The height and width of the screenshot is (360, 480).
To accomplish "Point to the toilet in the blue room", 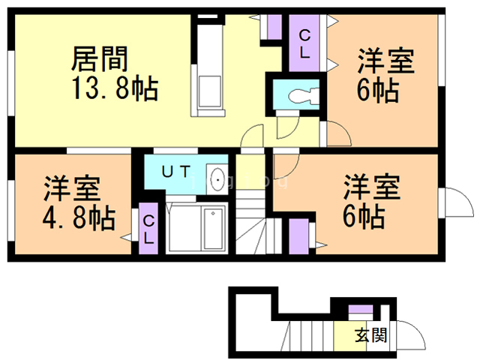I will [300, 94].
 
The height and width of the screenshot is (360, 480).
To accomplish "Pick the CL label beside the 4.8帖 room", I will [149, 228].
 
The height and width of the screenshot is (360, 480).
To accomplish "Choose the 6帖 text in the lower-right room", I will [365, 216].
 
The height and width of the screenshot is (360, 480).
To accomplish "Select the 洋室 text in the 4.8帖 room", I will [71, 186].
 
